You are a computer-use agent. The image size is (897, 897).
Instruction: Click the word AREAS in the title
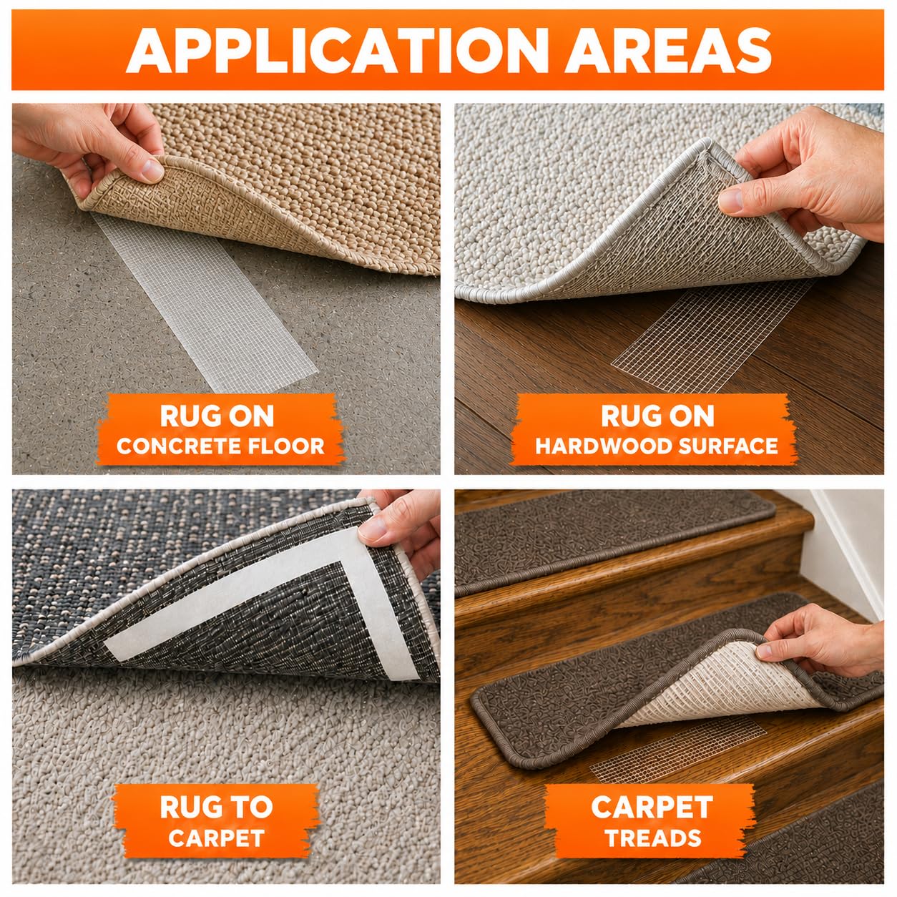click(668, 50)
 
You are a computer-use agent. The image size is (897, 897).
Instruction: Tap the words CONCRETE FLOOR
click(220, 446)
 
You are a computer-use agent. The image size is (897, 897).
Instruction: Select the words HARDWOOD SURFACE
click(657, 446)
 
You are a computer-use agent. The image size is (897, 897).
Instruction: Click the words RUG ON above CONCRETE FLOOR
click(217, 416)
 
